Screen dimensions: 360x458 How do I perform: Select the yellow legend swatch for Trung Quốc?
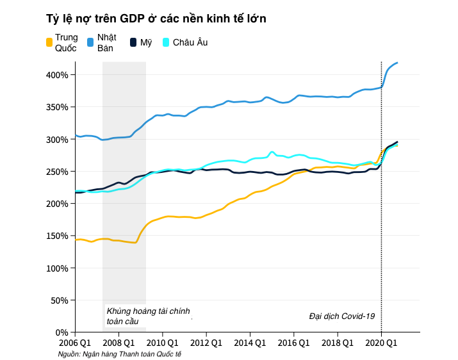[49, 42]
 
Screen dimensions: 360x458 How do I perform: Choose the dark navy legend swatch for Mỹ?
[133, 42]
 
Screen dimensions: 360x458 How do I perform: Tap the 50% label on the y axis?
[61, 300]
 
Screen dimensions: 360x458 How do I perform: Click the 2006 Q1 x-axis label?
[76, 343]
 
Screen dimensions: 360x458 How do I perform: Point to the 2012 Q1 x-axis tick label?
[206, 343]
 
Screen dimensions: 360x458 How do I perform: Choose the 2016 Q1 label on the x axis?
[293, 343]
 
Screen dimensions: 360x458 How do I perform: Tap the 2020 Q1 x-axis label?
[381, 343]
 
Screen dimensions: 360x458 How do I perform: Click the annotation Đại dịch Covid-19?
[341, 316]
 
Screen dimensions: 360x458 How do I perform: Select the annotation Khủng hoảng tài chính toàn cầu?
[148, 316]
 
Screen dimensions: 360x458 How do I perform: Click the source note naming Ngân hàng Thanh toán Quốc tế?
[120, 354]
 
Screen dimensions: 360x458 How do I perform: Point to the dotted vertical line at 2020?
[381, 192]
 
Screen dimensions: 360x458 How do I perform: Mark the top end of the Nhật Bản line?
[398, 62]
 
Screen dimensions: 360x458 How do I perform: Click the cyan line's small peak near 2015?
[272, 152]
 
